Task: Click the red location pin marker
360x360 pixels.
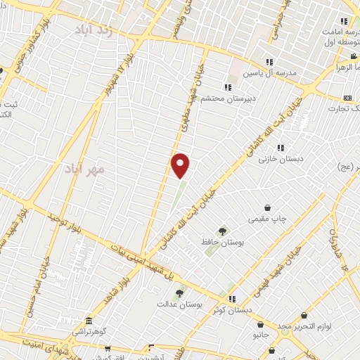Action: point(181,165)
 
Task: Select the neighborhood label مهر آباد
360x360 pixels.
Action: point(83,169)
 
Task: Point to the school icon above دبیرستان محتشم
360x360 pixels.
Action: point(227,87)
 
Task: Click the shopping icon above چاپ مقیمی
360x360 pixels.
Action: point(269,207)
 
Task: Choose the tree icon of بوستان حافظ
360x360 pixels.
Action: point(222,230)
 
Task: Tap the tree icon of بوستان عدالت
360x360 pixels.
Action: point(179,292)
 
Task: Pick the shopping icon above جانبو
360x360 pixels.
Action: point(261,325)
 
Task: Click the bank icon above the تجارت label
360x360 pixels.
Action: point(347,98)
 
